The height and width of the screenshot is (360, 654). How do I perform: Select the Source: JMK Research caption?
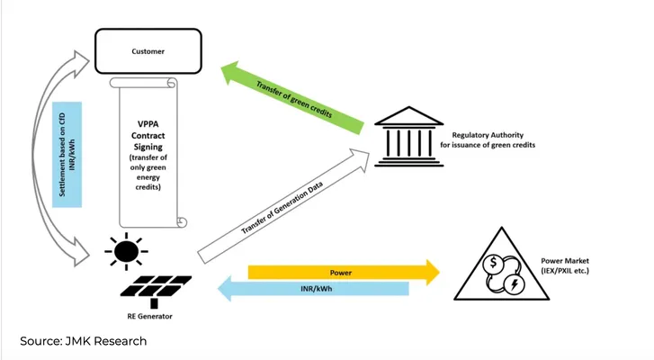[84, 341]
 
